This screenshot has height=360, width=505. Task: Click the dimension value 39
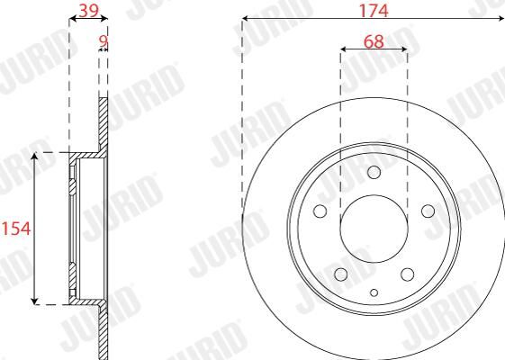(x=88, y=11)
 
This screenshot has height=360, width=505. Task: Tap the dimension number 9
(x=103, y=41)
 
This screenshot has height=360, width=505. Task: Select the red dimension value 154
(x=16, y=229)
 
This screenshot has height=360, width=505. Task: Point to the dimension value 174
(x=374, y=11)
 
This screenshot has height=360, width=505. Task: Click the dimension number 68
(x=374, y=41)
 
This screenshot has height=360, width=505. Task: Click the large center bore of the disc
(x=374, y=229)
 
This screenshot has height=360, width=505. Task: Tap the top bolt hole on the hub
(x=374, y=172)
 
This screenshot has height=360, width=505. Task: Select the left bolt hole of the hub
(x=320, y=211)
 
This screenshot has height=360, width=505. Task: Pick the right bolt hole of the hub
(x=428, y=211)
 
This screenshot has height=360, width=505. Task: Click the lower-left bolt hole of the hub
(x=341, y=274)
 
